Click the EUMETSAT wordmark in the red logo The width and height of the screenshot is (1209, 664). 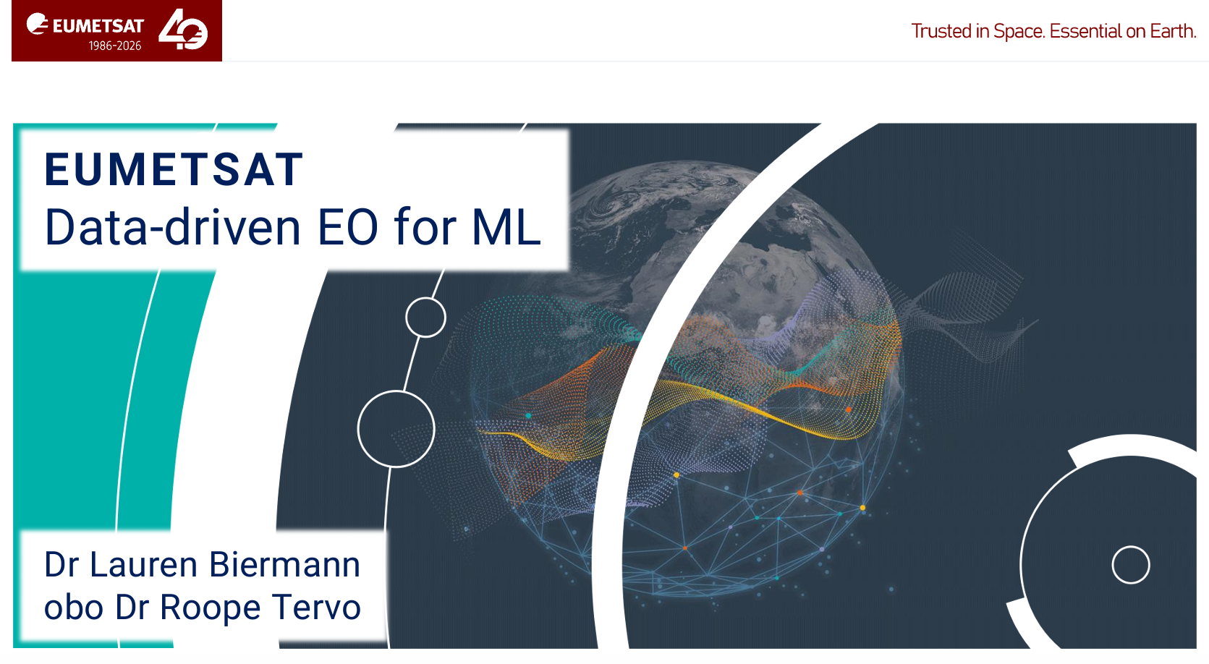point(98,26)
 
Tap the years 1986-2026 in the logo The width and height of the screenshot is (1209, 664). point(115,46)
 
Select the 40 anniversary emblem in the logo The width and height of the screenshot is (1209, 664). point(183,30)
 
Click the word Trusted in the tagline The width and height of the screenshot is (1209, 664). point(942,31)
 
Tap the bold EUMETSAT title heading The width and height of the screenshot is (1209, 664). point(174,169)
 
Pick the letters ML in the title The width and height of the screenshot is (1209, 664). point(506,227)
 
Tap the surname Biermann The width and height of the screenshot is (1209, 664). point(284,565)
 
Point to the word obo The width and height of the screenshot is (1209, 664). point(73,608)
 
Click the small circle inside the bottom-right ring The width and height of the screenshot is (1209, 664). point(1131,547)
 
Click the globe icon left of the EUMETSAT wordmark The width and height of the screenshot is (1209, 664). point(38,25)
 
